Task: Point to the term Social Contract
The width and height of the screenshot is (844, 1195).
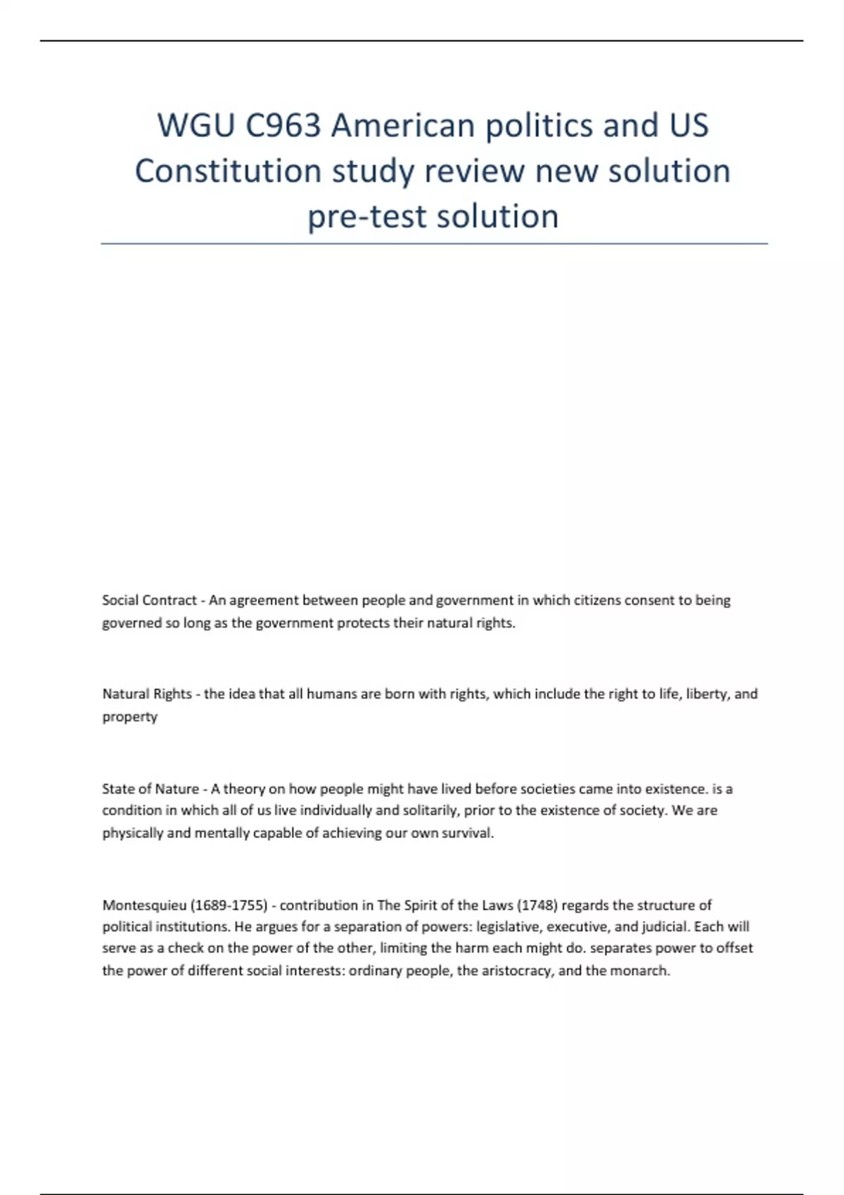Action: coord(149,600)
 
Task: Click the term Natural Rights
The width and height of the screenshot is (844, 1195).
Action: coord(147,694)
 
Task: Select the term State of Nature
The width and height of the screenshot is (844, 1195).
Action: coord(150,789)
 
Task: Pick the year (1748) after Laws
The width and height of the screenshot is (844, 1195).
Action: coord(538,905)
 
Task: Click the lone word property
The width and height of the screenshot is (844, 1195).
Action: coord(129,717)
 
